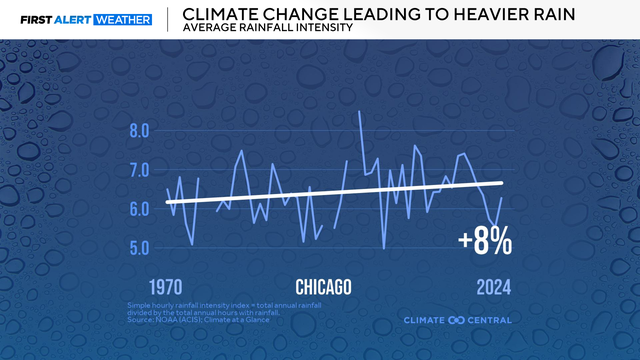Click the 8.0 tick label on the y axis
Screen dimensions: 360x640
(x=138, y=131)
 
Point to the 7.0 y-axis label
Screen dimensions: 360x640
(x=138, y=170)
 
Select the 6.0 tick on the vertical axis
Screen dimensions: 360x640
(x=138, y=209)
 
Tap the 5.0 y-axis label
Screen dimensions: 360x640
(x=138, y=248)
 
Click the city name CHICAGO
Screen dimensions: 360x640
(x=323, y=288)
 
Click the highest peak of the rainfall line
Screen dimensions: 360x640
(x=359, y=111)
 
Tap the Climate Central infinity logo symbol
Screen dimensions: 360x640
(x=457, y=320)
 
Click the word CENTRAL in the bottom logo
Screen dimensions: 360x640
(x=489, y=320)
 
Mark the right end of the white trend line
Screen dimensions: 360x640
(x=501, y=182)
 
